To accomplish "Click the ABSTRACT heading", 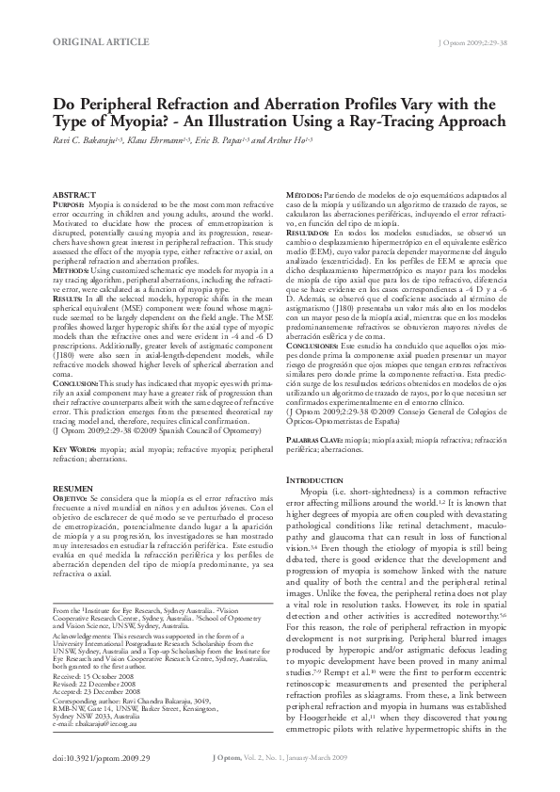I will click(x=69, y=194).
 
